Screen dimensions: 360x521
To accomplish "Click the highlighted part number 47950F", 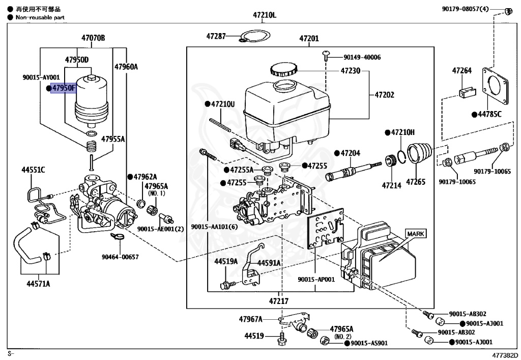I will (63, 89).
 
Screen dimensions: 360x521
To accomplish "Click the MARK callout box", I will (416, 234).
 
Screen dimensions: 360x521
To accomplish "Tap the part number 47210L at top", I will (264, 15).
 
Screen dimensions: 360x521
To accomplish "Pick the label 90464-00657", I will (121, 257).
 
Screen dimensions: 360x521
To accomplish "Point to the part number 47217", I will (279, 301).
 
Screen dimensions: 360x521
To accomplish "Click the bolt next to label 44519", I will (282, 338).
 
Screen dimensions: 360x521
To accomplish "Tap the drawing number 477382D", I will (504, 354).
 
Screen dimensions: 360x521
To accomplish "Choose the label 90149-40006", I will (362, 58).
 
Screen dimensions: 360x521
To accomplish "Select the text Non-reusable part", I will (40, 17).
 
